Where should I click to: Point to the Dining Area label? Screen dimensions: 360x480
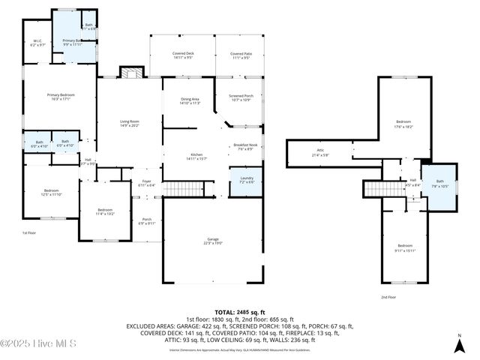click(190, 101)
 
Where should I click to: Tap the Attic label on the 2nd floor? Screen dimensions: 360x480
click(320, 153)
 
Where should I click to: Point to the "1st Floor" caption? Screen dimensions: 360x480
click(29, 233)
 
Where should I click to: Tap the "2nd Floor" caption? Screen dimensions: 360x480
click(388, 297)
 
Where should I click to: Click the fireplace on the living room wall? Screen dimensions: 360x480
click(131, 73)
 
